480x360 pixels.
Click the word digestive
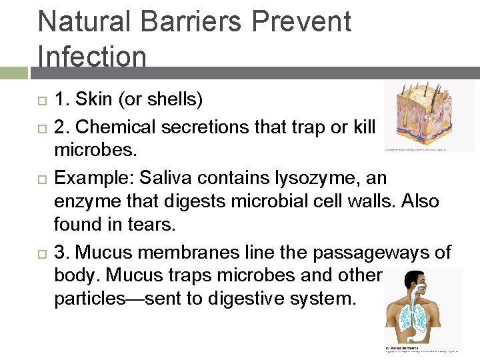coord(247,299)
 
